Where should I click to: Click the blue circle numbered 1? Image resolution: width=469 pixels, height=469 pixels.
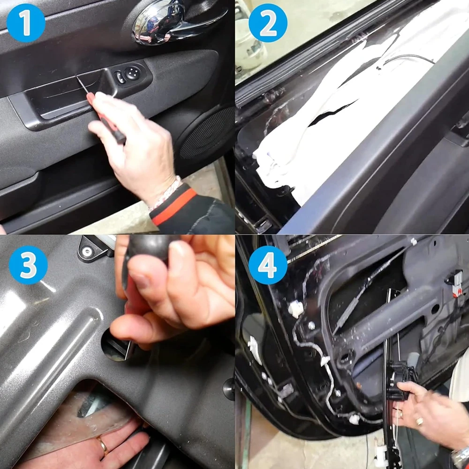(26, 23)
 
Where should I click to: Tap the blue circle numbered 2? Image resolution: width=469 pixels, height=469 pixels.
(268, 23)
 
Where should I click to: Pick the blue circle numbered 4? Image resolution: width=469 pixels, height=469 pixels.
(268, 265)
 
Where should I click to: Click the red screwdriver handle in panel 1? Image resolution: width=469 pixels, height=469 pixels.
(107, 120)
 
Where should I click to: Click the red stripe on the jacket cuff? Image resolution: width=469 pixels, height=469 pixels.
(174, 205)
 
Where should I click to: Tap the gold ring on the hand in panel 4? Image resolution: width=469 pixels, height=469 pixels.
(419, 421)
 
